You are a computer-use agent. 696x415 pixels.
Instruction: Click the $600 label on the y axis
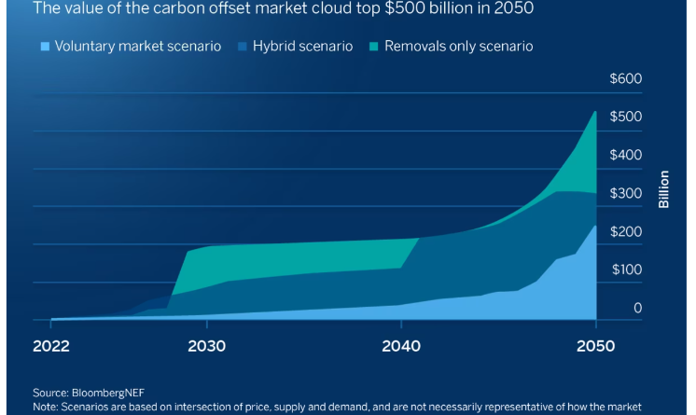[x=625, y=78]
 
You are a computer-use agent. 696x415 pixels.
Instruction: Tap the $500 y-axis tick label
[x=625, y=117]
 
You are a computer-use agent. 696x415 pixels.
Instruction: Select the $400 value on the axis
[x=625, y=155]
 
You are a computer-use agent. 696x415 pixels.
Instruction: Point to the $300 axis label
[x=625, y=193]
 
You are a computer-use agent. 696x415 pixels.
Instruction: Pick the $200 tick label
[x=625, y=231]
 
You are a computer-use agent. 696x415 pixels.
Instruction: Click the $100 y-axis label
[x=625, y=270]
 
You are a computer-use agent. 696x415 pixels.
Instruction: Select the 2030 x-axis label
[x=206, y=346]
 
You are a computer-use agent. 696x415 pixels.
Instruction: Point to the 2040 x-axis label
[x=401, y=346]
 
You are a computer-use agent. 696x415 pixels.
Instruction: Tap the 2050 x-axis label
[x=595, y=346]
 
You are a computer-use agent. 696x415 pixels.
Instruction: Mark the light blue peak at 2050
[x=594, y=227]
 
